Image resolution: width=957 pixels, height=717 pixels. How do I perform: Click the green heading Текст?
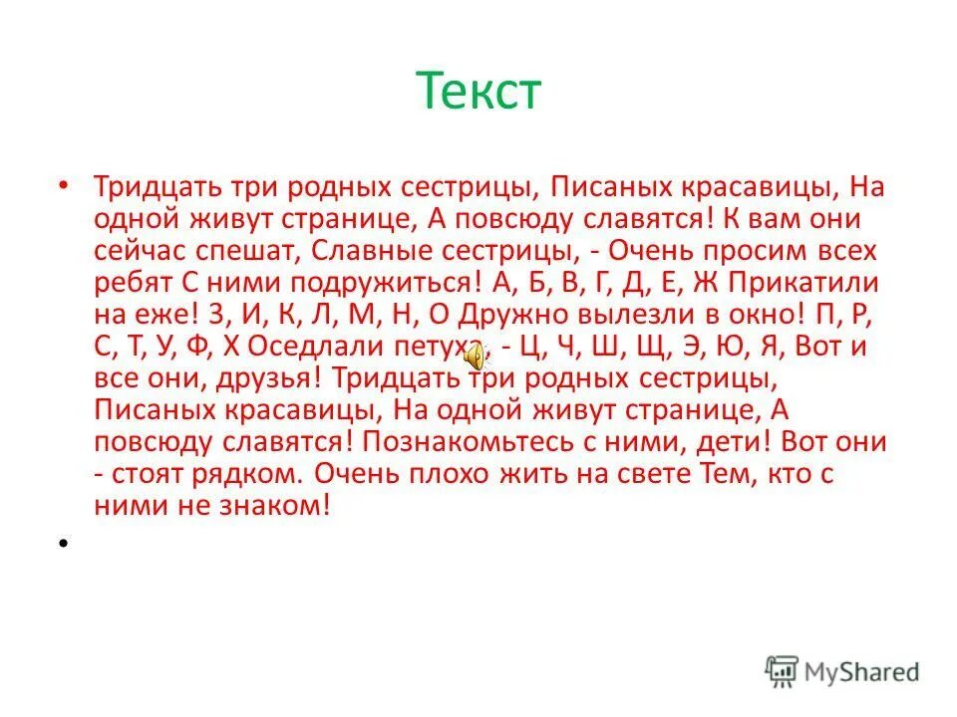478,92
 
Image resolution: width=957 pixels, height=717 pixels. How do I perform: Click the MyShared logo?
842,671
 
